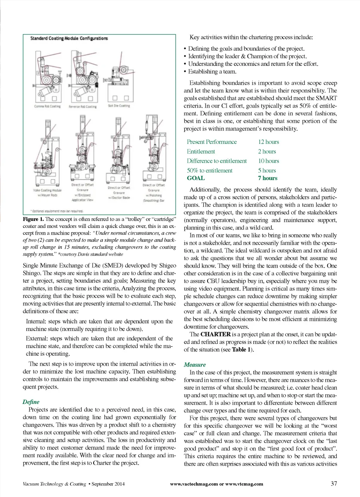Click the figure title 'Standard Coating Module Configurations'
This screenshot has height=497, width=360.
(69, 38)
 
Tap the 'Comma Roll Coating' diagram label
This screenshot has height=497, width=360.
(47, 106)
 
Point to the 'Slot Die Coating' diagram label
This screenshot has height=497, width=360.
(119, 106)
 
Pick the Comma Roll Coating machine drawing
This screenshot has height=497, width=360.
(47, 77)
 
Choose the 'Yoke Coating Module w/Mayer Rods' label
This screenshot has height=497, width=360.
(47, 192)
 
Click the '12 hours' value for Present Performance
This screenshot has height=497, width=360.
(268, 142)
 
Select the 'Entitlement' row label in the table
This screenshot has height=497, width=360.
(201, 151)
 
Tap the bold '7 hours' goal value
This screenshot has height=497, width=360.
(268, 178)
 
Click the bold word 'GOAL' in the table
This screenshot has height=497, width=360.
(196, 178)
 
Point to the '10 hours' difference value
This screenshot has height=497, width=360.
(268, 161)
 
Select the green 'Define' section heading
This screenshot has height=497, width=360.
(31, 402)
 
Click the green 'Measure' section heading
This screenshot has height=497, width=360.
(194, 365)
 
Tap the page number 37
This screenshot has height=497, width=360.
(334, 483)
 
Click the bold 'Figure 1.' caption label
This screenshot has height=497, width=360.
(33, 219)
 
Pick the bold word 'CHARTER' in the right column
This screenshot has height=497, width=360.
(216, 334)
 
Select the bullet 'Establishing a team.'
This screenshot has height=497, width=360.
(212, 71)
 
